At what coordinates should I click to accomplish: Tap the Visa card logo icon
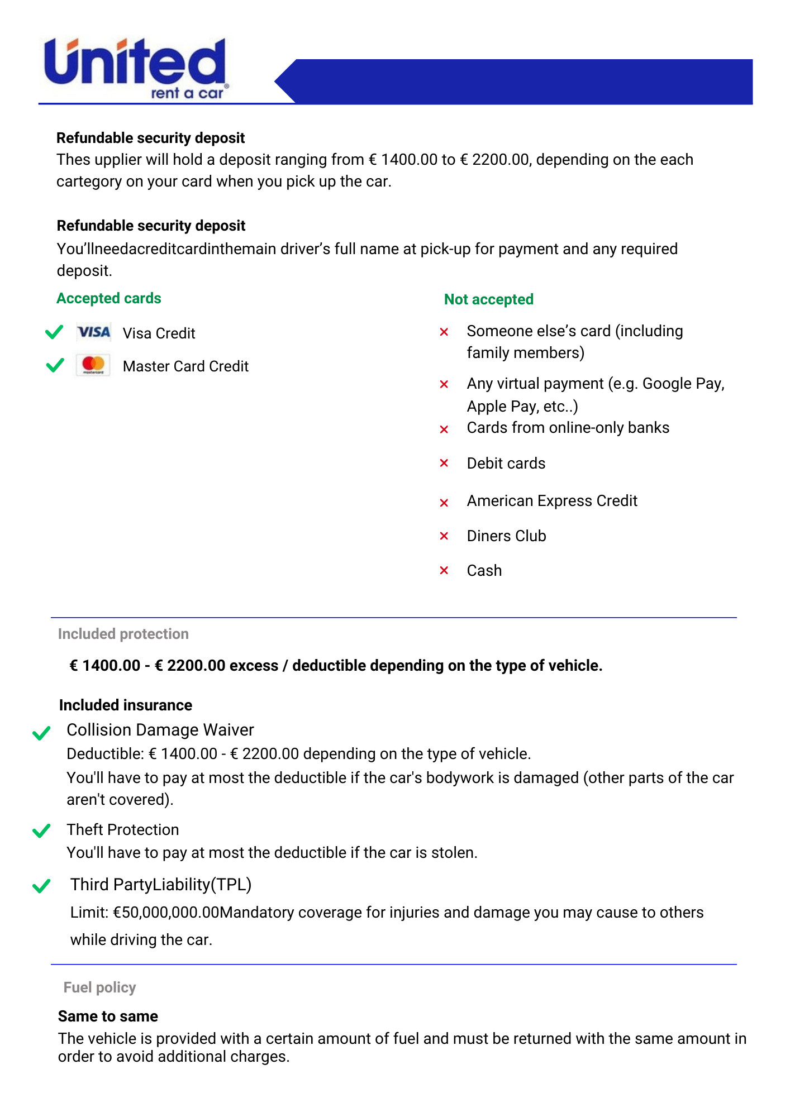(x=94, y=332)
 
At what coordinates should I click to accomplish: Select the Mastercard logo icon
(x=93, y=365)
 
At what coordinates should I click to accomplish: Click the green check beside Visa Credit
(x=54, y=332)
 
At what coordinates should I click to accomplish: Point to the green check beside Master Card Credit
(x=55, y=366)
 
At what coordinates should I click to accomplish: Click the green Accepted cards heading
(x=109, y=298)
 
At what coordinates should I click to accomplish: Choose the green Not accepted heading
(x=489, y=299)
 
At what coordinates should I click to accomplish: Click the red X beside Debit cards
(x=444, y=463)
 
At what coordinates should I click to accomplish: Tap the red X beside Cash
(x=444, y=570)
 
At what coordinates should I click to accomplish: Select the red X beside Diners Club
(x=444, y=536)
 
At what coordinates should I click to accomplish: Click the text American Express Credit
(x=552, y=501)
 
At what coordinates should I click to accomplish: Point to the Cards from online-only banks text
(x=568, y=428)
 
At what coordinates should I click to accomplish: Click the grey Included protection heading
(x=123, y=634)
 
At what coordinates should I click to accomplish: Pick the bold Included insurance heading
(x=126, y=705)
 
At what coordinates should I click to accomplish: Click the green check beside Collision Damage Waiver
(x=41, y=733)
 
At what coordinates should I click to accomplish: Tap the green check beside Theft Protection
(x=41, y=831)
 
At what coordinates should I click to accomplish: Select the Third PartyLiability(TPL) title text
(x=161, y=885)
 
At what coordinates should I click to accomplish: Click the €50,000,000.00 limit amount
(x=166, y=913)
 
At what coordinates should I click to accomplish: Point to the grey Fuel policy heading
(x=100, y=987)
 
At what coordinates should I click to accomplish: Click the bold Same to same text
(x=108, y=1016)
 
